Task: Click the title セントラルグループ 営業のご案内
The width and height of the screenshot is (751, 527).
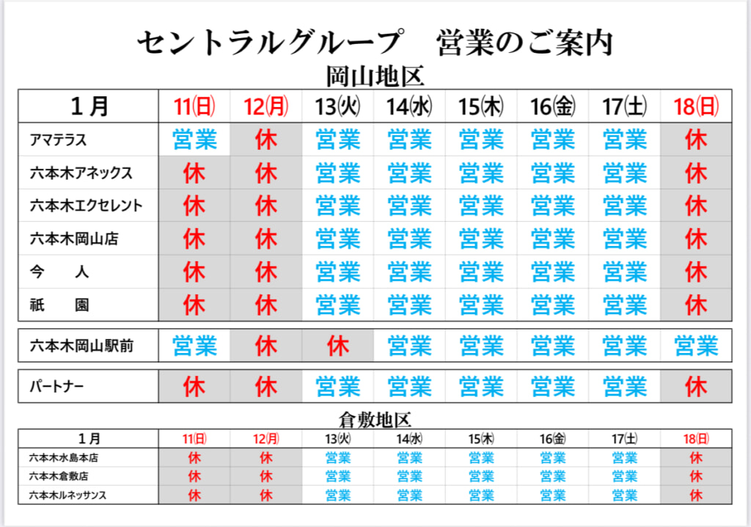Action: [375, 43]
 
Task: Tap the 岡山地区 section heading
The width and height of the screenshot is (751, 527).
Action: [375, 76]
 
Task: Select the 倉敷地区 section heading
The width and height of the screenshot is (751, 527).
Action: [375, 420]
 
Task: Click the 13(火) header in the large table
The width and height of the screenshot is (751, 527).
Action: [337, 106]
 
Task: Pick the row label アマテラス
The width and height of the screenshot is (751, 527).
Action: [59, 139]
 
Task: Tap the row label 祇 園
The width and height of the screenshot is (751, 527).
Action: [59, 305]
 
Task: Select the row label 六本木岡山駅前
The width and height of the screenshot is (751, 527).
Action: [81, 345]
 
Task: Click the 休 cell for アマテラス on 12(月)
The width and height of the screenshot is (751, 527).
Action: [266, 139]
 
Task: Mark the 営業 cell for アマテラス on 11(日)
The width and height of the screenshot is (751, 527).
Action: [195, 139]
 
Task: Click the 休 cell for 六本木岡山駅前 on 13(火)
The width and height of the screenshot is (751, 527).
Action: [337, 345]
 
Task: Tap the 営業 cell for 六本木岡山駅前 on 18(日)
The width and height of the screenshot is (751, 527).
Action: [696, 345]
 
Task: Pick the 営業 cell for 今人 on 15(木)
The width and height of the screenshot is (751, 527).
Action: [481, 272]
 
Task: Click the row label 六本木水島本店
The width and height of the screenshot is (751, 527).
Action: [64, 457]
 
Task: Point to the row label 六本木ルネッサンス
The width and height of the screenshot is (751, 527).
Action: [68, 495]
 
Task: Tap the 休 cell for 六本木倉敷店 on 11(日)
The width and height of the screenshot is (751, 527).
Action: [195, 476]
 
